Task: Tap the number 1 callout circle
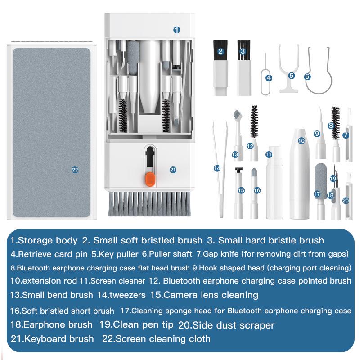(x=177, y=30)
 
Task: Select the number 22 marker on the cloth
(x=75, y=170)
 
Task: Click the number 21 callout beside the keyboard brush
(x=173, y=170)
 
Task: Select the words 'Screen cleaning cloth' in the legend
(x=163, y=338)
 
